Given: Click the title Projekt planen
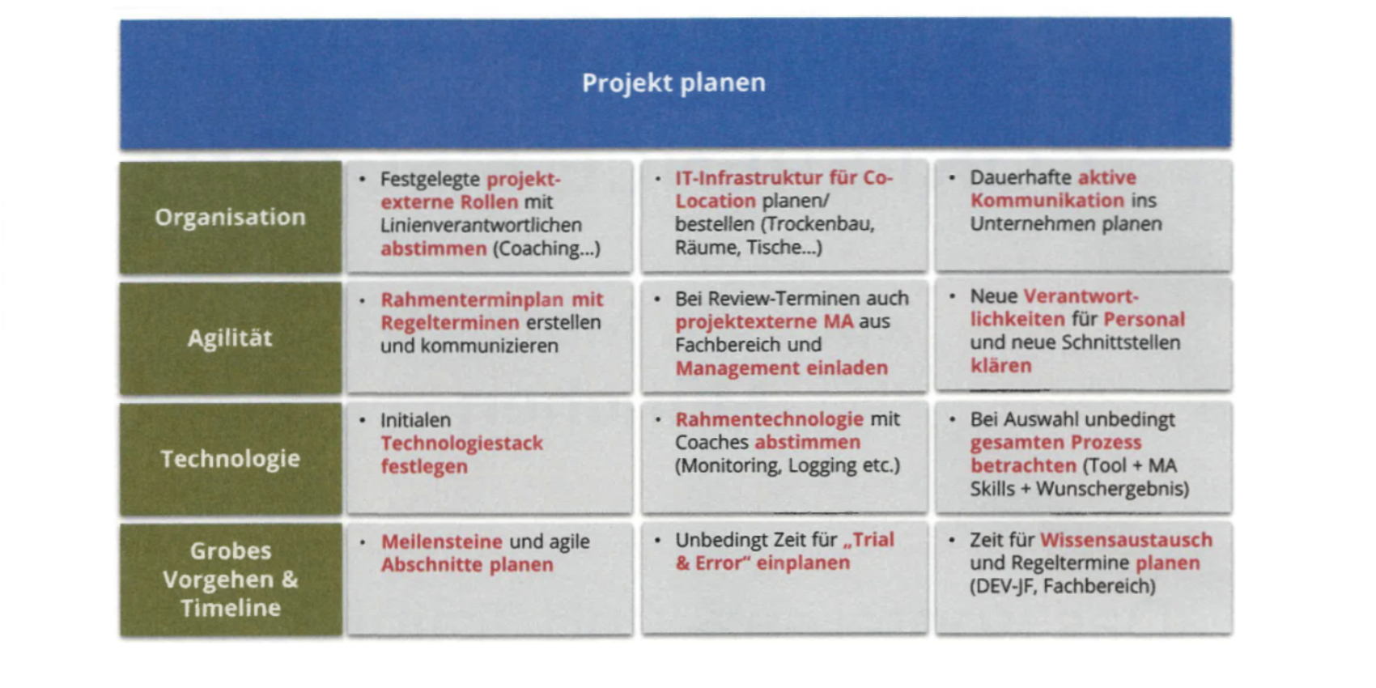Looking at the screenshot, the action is pyautogui.click(x=674, y=83).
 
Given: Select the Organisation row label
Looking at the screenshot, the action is pyautogui.click(x=231, y=217).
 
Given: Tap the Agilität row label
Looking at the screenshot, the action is pyautogui.click(x=231, y=338).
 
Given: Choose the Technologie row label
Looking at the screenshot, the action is pyautogui.click(x=231, y=459).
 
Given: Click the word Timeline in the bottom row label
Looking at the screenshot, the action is pyautogui.click(x=231, y=608).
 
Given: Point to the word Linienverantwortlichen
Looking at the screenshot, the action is pyautogui.click(x=481, y=226).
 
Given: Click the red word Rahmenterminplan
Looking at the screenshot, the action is pyautogui.click(x=472, y=299).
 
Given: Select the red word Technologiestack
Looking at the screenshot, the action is pyautogui.click(x=462, y=444).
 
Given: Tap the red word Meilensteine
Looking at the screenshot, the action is pyautogui.click(x=442, y=541).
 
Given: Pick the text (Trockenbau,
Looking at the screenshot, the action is pyautogui.click(x=818, y=224).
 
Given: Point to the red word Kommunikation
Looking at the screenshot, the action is pyautogui.click(x=1047, y=200).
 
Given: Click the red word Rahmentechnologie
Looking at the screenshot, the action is pyautogui.click(x=770, y=419).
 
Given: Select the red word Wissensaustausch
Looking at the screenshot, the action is pyautogui.click(x=1127, y=540).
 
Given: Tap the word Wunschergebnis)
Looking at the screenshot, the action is pyautogui.click(x=1113, y=490).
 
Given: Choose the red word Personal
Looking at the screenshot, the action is pyautogui.click(x=1145, y=320).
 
